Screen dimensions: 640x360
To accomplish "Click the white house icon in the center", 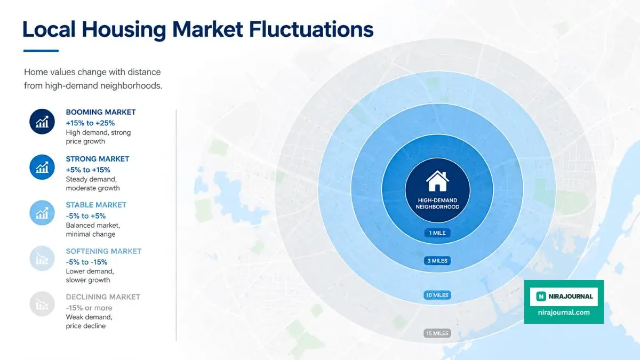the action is [x=437, y=181].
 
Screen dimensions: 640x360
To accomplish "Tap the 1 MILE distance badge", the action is [x=437, y=233].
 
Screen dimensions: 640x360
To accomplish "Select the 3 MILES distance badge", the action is [x=437, y=261].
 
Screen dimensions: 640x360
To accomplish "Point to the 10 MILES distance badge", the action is [x=437, y=295].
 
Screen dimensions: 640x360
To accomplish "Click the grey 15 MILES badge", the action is [x=437, y=333].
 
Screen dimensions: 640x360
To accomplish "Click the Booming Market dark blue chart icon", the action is [x=42, y=122].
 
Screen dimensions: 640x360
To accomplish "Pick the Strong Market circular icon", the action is [x=42, y=167].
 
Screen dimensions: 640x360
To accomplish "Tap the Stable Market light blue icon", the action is [x=42, y=213].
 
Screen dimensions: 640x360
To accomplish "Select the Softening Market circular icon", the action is [x=42, y=259].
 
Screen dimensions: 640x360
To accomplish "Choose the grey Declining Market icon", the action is [x=42, y=304].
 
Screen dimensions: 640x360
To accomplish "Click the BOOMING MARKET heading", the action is [x=101, y=112].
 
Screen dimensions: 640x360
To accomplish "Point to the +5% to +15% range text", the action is [x=88, y=170].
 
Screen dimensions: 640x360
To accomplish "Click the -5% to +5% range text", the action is [x=86, y=215].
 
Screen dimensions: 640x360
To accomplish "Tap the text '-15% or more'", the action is [x=89, y=308].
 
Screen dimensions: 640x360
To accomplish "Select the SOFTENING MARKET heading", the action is [x=103, y=251].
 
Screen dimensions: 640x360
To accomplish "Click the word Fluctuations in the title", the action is [x=311, y=29].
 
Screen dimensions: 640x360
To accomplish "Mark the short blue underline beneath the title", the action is [x=41, y=51].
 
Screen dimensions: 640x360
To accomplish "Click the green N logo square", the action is [x=541, y=297].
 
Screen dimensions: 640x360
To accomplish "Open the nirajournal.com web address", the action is [x=564, y=313].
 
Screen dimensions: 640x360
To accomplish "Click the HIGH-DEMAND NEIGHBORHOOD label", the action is [x=437, y=203].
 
